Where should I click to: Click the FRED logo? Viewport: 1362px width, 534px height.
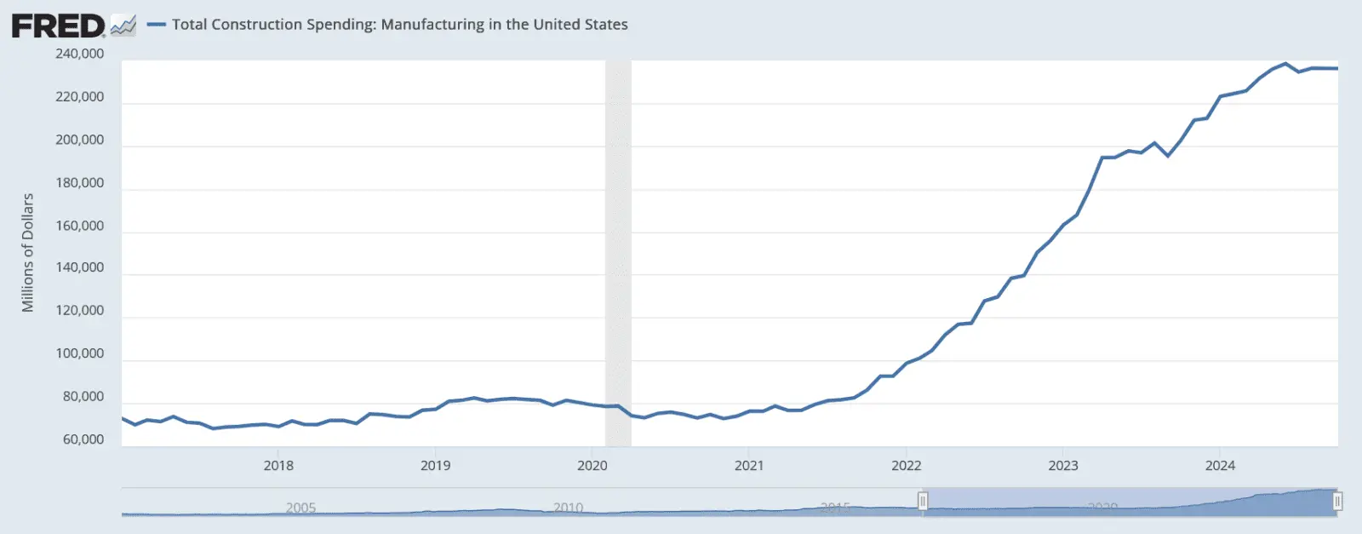coord(58,26)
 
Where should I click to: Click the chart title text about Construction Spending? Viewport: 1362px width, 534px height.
coord(399,25)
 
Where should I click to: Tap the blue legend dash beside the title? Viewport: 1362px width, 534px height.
coord(156,25)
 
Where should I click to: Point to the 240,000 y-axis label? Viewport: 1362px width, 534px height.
coord(80,54)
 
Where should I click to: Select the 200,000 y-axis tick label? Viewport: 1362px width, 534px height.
coord(80,140)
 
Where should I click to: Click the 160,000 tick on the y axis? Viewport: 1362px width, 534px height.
coord(80,226)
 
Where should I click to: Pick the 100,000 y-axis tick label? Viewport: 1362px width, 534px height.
coord(80,353)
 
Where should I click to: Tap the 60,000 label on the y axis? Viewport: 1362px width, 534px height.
coord(83,439)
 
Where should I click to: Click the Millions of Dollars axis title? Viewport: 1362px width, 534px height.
coord(28,252)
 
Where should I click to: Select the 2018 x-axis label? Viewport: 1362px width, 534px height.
coord(278,466)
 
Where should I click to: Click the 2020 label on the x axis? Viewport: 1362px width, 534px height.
coord(592,466)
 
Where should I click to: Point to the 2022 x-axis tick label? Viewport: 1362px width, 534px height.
coord(906,466)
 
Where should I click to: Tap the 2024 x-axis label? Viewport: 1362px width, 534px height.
coord(1220,466)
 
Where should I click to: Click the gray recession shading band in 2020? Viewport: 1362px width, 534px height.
coord(618,256)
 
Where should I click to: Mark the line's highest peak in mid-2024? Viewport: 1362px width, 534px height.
coord(1285,64)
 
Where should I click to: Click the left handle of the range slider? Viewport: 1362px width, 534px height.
coord(923,502)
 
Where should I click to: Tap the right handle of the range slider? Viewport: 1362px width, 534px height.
coord(1337,502)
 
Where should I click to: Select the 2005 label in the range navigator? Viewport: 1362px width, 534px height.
coord(300,508)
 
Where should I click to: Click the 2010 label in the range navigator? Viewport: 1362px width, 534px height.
coord(569,508)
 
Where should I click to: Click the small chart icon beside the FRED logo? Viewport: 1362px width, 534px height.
coord(123,26)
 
